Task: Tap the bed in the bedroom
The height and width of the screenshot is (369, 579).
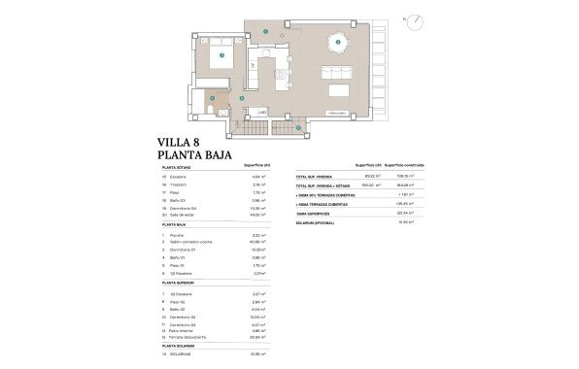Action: [x=221, y=55]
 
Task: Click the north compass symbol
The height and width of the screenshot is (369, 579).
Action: [x=413, y=20]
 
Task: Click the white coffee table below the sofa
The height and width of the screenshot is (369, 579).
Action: [x=341, y=90]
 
